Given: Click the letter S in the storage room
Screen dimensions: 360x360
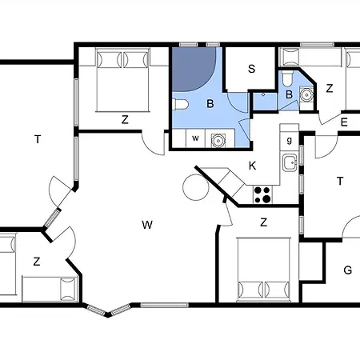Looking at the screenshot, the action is [x=251, y=69].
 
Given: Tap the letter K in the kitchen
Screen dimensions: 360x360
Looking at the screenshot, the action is [x=252, y=166].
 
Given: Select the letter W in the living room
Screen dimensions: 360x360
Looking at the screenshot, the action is [x=147, y=225].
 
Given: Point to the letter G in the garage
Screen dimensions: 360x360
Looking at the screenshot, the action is [x=348, y=270].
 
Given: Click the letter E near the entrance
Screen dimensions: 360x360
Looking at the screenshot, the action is [x=344, y=122].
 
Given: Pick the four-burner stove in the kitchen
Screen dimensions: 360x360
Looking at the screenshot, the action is [x=262, y=194].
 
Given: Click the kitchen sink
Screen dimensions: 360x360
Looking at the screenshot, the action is [x=290, y=162].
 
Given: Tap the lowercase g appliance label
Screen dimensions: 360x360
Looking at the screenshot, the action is [x=290, y=140].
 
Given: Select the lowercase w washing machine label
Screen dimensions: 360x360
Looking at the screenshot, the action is [x=195, y=138].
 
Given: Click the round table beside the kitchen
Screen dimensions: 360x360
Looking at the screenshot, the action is [x=196, y=187].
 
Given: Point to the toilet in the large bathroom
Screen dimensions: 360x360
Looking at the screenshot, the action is [x=180, y=104].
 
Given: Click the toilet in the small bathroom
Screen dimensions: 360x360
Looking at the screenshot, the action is [x=287, y=78].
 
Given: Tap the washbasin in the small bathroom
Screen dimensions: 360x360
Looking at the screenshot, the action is [x=306, y=94].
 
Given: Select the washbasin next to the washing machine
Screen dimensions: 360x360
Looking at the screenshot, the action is [x=218, y=140].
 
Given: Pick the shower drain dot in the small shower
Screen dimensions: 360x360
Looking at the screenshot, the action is [x=263, y=94].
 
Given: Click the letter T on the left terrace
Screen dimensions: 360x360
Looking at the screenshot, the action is [x=38, y=139].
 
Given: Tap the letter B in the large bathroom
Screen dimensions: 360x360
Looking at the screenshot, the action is [x=210, y=103].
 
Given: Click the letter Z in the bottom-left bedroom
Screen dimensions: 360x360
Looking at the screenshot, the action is [x=37, y=262].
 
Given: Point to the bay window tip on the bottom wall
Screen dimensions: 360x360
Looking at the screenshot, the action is [x=107, y=315].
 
